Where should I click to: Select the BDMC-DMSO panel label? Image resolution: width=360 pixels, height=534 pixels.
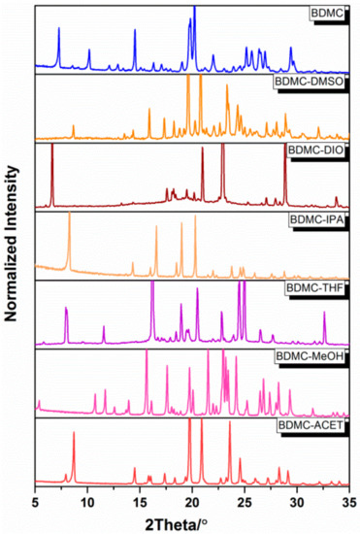[x=309, y=84]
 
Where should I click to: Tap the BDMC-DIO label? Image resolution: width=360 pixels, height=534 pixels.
[x=312, y=152]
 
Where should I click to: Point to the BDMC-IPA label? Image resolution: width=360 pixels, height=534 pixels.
[x=312, y=220]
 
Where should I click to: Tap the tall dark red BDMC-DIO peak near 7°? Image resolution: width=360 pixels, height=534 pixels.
[x=52, y=148]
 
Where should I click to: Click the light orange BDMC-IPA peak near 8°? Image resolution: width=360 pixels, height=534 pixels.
[x=69, y=216]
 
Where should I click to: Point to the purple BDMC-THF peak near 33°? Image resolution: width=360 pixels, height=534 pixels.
[x=324, y=314]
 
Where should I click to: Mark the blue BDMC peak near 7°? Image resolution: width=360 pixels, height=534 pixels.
[x=58, y=30]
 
